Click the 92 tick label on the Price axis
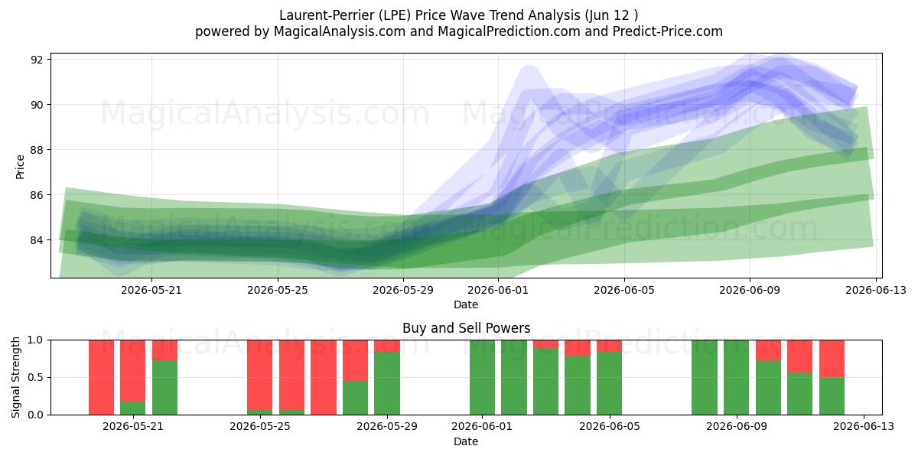click(37, 60)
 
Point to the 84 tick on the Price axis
click(37, 240)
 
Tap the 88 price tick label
click(37, 150)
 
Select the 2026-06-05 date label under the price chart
click(624, 290)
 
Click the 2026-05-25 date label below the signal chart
click(260, 426)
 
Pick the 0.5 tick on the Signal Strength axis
click(35, 377)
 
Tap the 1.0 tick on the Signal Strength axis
click(35, 340)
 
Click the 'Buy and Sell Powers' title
click(467, 328)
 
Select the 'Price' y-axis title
click(20, 168)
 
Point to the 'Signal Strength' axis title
click(15, 377)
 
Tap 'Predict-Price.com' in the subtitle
click(668, 31)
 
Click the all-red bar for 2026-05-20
click(101, 377)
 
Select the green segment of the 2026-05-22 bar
click(164, 388)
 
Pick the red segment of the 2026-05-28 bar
click(355, 360)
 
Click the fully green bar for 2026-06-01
click(483, 377)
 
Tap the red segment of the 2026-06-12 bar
click(832, 359)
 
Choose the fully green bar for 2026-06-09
click(736, 377)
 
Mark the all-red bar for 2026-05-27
click(324, 377)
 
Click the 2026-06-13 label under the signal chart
click(864, 426)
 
